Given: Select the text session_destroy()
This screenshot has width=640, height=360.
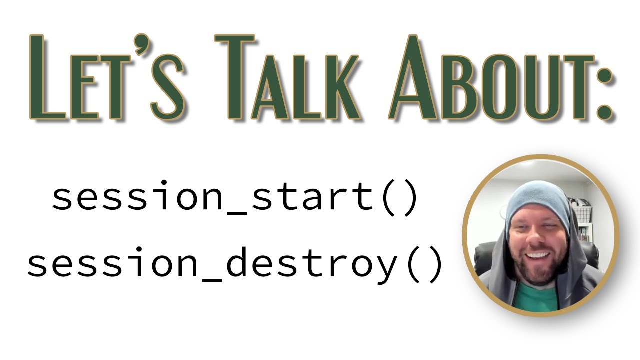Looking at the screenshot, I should coord(235,265).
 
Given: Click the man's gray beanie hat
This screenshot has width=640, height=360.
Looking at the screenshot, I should coord(537,200).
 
